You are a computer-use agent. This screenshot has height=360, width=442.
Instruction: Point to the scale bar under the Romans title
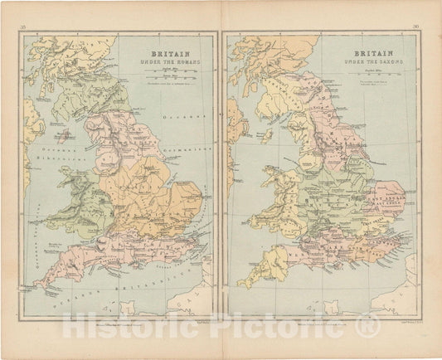171,74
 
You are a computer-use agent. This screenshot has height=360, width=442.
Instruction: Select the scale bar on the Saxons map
372,75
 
